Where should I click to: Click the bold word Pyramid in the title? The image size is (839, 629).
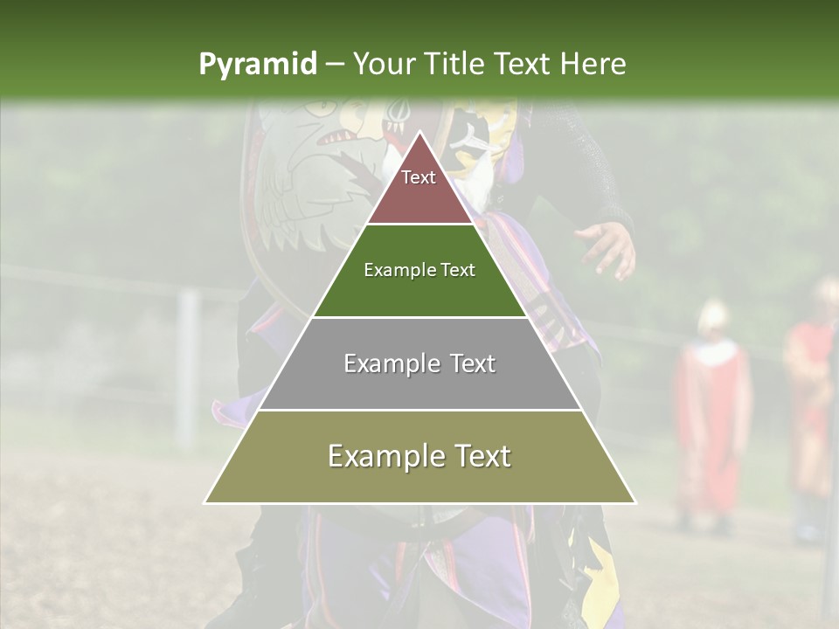(x=257, y=65)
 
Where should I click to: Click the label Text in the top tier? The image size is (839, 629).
(x=419, y=177)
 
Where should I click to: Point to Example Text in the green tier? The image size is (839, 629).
(x=419, y=270)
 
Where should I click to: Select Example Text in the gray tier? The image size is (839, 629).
(x=419, y=363)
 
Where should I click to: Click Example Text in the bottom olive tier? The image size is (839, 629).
(x=419, y=456)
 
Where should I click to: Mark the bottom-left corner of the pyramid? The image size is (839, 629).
(x=205, y=502)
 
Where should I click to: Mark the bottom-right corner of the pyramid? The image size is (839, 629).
(x=635, y=502)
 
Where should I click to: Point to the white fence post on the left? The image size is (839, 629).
(x=185, y=367)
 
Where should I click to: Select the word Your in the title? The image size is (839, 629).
(x=381, y=64)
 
